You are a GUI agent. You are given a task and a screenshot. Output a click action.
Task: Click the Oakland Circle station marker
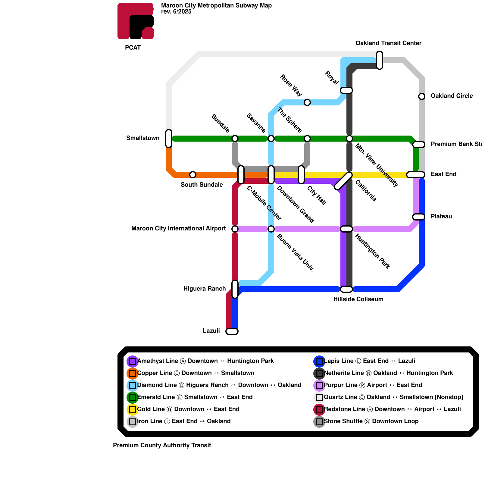422,96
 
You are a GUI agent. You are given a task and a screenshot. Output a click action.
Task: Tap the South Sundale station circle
193,175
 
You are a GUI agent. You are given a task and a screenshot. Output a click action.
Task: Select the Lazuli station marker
232,331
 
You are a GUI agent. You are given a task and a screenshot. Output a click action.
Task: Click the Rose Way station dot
307,102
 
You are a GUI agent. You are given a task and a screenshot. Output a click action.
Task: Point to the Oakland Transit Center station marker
380,60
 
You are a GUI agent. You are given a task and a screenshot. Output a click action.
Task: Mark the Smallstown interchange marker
169,139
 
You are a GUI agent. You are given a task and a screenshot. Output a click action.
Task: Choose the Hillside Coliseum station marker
346,289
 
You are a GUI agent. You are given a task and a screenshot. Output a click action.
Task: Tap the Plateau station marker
419,217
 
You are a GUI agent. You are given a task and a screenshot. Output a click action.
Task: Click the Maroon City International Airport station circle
235,229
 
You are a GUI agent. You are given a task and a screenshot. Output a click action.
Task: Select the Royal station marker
346,90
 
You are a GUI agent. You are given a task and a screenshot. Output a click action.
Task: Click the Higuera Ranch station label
205,289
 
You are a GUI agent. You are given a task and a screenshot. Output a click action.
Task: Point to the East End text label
443,174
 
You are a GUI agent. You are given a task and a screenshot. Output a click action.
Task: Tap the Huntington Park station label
372,251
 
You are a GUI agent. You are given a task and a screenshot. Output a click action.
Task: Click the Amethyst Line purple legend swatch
133,361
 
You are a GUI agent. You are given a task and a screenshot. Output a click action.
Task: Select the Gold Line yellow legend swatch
133,409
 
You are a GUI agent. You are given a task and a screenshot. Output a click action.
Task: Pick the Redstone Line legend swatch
319,409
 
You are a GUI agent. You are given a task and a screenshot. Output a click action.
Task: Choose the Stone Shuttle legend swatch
319,421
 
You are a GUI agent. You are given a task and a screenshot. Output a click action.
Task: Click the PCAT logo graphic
136,21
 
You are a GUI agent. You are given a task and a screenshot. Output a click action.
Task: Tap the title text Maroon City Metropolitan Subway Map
216,6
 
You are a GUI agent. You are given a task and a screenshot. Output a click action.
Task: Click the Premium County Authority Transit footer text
162,446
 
